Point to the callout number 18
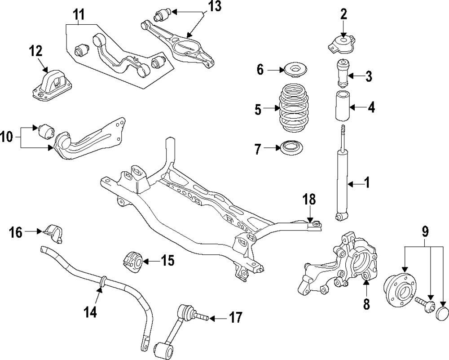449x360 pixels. pyautogui.click(x=309, y=199)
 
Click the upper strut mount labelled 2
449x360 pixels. pyautogui.click(x=343, y=44)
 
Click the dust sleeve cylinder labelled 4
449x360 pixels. pyautogui.click(x=343, y=107)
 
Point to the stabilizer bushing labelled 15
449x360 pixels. pyautogui.click(x=133, y=261)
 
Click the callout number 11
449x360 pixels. pyautogui.click(x=79, y=16)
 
